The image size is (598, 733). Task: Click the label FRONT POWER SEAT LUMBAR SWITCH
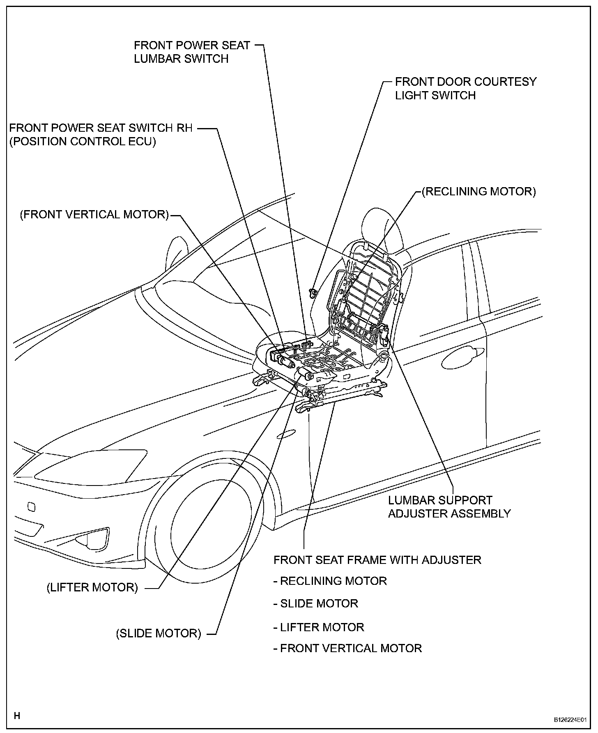(x=192, y=52)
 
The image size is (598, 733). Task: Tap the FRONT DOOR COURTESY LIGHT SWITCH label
(x=465, y=88)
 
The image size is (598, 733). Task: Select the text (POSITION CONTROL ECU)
(x=83, y=142)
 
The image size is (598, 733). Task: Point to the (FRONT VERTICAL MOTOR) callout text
(x=94, y=215)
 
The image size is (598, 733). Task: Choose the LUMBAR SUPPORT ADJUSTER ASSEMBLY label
(x=449, y=507)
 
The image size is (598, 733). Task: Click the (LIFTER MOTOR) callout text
(x=92, y=587)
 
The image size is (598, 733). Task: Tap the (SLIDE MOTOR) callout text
(x=159, y=633)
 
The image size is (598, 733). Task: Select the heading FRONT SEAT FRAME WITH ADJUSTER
(x=377, y=560)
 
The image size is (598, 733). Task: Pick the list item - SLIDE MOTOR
(x=315, y=603)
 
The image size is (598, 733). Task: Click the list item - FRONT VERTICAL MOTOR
(x=347, y=648)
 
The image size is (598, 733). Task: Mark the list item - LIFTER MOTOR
(x=319, y=627)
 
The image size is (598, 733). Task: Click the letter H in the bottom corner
(x=17, y=716)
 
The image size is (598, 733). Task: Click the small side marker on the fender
(x=286, y=434)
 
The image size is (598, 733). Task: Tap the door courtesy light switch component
(x=313, y=292)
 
